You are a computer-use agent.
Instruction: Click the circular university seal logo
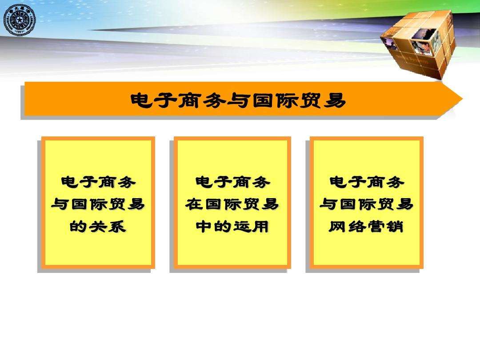tap(19, 21)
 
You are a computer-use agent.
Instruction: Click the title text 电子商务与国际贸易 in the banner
tap(238, 101)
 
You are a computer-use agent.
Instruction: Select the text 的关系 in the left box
tap(98, 227)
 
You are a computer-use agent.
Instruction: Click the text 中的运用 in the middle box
tap(232, 227)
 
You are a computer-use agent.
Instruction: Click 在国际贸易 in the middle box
tap(232, 204)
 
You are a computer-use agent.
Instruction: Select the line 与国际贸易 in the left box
tap(98, 204)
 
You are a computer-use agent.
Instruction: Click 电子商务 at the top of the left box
tap(98, 182)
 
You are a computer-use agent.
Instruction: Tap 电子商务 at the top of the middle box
tap(232, 182)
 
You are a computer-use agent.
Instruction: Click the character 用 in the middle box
tap(261, 227)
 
